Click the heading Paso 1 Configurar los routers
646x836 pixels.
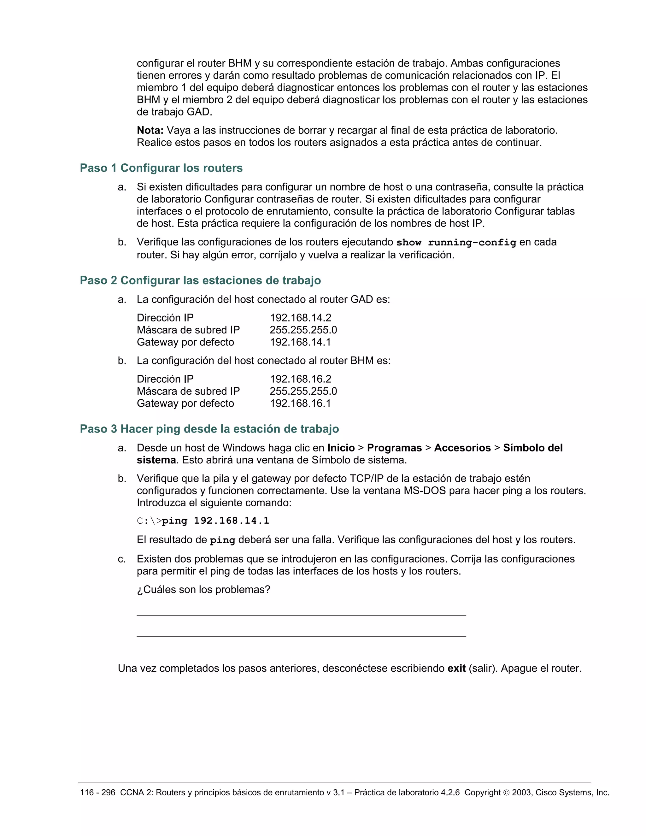(x=161, y=168)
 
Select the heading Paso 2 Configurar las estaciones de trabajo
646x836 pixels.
(x=200, y=280)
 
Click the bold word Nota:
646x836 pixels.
(x=150, y=130)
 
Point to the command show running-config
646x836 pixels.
(x=456, y=242)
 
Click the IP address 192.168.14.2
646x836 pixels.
(x=300, y=318)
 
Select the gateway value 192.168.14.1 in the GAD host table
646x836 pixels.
(x=300, y=342)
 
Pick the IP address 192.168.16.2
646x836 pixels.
(x=300, y=379)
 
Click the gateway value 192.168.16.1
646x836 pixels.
(x=300, y=403)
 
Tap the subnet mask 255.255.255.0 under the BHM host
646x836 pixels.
(x=303, y=391)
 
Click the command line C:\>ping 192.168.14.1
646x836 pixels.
(x=203, y=521)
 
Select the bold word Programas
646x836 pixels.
(x=394, y=448)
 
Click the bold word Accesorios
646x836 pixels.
(x=462, y=448)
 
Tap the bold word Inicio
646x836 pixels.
(x=341, y=448)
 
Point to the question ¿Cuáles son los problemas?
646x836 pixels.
(x=203, y=590)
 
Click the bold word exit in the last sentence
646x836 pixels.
(x=456, y=668)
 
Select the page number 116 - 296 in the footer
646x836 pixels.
(x=97, y=793)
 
